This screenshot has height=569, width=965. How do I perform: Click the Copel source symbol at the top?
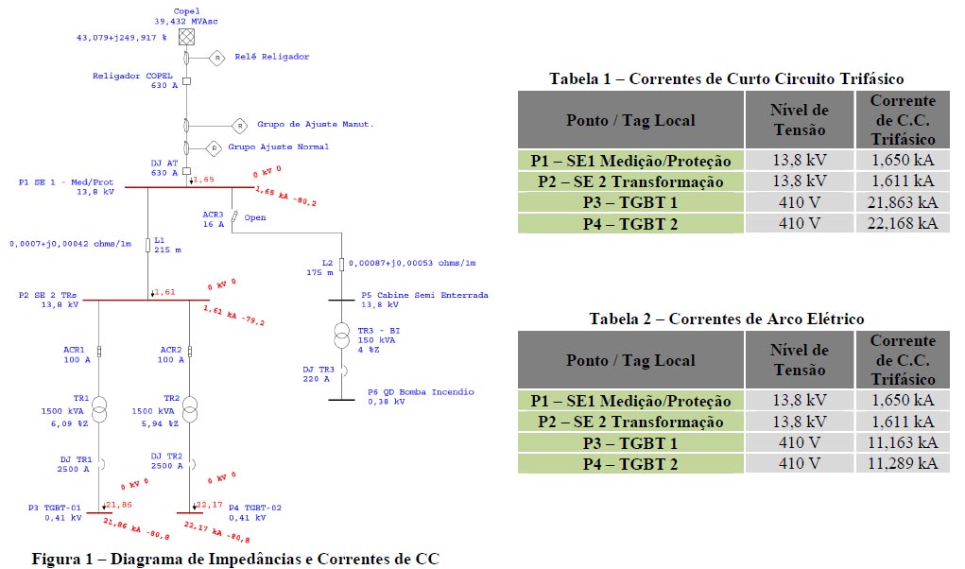point(186,37)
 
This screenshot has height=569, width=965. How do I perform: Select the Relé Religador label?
point(272,57)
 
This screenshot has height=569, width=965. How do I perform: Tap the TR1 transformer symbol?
point(100,410)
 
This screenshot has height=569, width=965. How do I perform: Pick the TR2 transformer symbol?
point(189,410)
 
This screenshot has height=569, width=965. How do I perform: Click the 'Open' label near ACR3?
point(255,217)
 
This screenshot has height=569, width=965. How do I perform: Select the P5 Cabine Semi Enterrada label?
point(424,295)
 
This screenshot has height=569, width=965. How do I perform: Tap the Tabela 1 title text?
point(726,78)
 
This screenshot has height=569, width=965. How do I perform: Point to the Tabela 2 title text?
point(726,319)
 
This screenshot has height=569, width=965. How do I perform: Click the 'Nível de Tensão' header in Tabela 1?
point(799,120)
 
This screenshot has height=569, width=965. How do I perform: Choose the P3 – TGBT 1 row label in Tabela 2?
point(621,442)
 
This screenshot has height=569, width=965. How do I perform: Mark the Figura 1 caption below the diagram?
point(235,558)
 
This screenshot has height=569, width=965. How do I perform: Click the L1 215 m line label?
point(165,245)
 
